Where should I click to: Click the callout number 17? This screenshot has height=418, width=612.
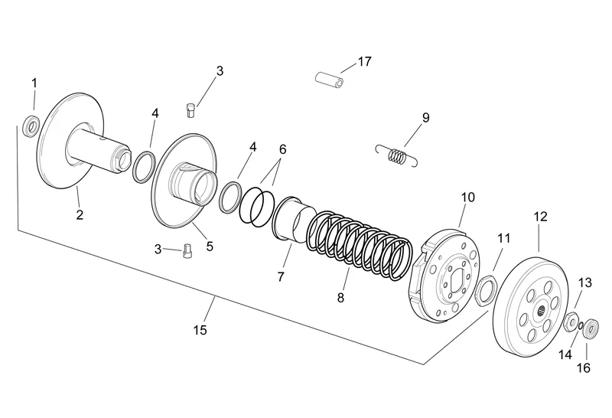[365, 62]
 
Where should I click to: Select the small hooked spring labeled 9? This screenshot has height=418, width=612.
[397, 155]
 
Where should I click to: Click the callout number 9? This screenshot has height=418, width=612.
[425, 118]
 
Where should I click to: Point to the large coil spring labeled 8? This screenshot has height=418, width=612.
[358, 247]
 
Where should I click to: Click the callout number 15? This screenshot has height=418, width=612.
[200, 330]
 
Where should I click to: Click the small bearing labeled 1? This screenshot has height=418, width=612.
[31, 126]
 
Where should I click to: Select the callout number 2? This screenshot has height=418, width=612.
[80, 214]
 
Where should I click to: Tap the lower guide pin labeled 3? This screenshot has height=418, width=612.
[186, 250]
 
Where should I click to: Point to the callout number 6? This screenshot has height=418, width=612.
[282, 149]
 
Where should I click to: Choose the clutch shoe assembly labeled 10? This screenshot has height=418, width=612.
[446, 276]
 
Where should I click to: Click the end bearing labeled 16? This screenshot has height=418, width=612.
[591, 329]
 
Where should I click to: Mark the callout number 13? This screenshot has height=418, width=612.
[584, 282]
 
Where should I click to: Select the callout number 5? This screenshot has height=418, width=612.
[210, 247]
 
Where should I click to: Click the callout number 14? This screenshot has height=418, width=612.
[565, 354]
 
